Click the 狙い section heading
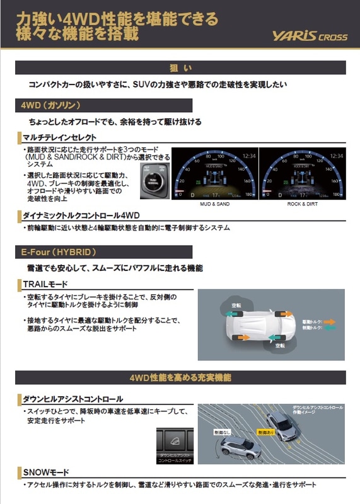coord(180,68)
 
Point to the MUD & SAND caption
coord(214,205)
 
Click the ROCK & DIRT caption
coord(302,205)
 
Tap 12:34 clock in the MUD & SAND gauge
coord(248,156)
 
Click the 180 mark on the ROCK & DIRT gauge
coord(337,195)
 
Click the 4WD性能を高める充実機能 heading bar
coord(180,378)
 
